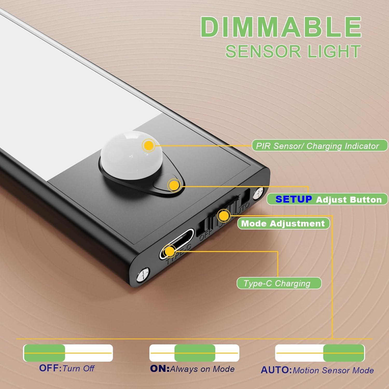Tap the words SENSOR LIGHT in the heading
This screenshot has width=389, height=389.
[x=293, y=51]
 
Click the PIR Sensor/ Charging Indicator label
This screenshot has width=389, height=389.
[x=319, y=146]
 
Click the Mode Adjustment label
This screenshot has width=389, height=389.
[x=283, y=224]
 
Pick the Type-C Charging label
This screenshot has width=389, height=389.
[x=279, y=283]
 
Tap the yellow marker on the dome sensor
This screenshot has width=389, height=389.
[x=149, y=145]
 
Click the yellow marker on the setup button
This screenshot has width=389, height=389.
[x=174, y=185]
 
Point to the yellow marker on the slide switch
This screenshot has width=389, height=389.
[x=224, y=215]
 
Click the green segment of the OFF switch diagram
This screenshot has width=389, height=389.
[x=44, y=353]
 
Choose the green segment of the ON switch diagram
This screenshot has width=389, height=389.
[x=195, y=353]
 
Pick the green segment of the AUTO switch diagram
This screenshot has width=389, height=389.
[x=344, y=353]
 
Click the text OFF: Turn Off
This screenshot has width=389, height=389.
[x=67, y=368]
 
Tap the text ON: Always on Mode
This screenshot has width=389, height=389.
[x=192, y=369]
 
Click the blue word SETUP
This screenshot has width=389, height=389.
[x=294, y=199]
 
